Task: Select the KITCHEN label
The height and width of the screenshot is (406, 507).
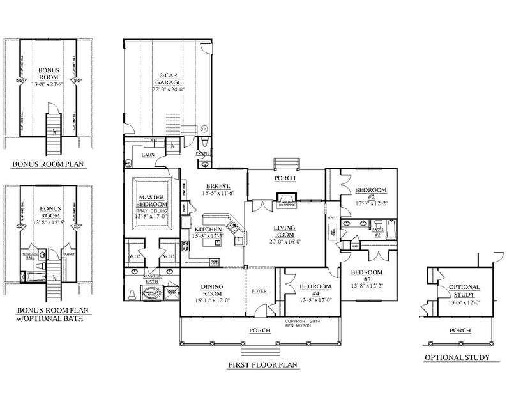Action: click(209, 229)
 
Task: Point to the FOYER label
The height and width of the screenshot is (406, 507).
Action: click(259, 292)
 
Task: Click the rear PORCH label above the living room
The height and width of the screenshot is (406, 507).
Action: click(285, 179)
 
